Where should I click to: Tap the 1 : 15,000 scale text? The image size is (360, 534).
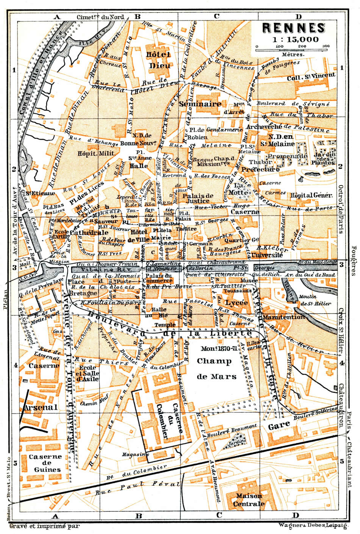click(x=294, y=39)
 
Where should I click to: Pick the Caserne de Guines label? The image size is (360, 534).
click(x=45, y=463)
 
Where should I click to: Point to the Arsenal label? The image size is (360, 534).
click(x=40, y=408)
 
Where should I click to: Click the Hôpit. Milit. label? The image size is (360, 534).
click(x=88, y=154)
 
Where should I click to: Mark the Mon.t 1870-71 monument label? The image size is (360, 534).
click(x=216, y=348)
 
